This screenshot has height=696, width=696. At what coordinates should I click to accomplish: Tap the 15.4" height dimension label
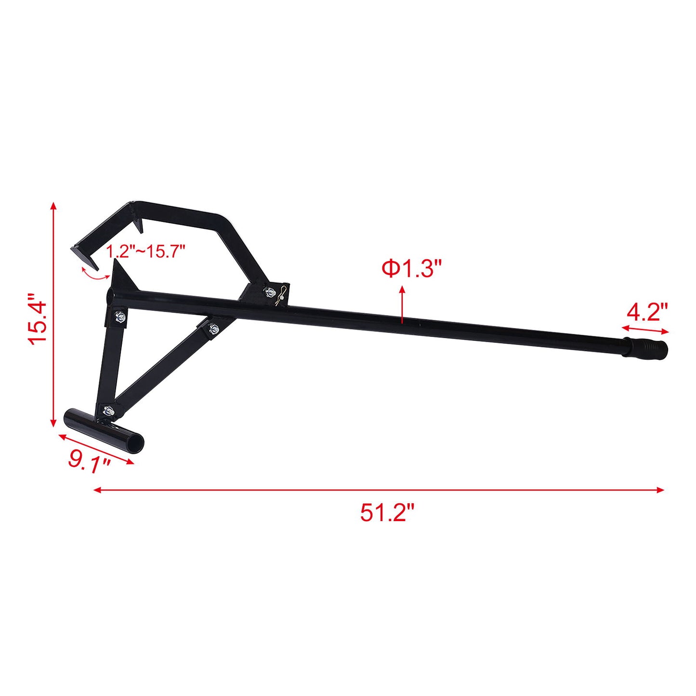point(38,318)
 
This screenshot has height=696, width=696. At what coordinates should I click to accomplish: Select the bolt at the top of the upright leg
point(119,316)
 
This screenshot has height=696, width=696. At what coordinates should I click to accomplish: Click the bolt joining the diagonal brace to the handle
point(213,329)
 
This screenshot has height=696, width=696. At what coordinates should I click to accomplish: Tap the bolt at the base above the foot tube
point(108,411)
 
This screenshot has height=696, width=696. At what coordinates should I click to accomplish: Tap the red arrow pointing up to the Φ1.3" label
point(402,303)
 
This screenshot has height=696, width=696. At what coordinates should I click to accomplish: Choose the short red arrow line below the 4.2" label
point(645,329)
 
